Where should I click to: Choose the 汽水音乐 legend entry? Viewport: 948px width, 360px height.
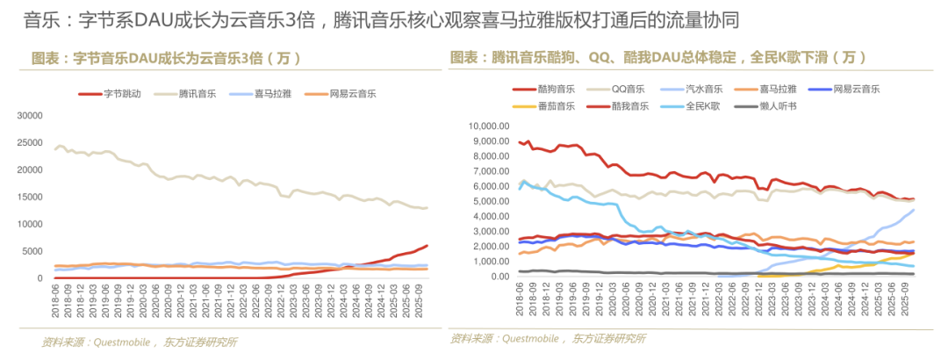pos(704,89)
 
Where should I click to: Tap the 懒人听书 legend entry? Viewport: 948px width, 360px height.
pos(779,106)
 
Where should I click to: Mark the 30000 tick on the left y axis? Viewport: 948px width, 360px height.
pos(30,115)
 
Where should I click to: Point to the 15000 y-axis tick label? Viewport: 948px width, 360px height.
pos(30,197)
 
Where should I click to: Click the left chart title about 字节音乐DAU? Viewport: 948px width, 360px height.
pos(167,59)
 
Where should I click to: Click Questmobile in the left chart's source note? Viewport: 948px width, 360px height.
pos(119,342)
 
